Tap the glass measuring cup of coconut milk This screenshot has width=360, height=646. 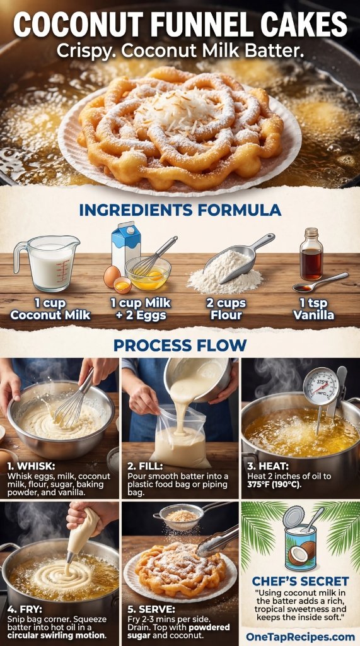click(x=47, y=262)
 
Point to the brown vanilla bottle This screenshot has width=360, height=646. click(x=311, y=255)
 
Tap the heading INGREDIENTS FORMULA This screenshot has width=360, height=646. click(x=180, y=209)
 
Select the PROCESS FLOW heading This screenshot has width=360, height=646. click(x=180, y=345)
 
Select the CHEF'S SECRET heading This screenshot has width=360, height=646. click(x=299, y=580)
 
